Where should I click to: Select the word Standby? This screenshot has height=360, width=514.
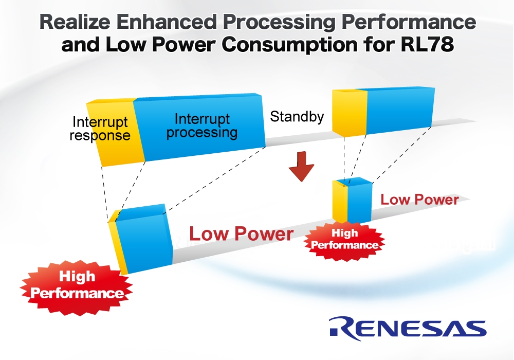(297, 117)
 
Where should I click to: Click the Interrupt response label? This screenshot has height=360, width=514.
(100, 129)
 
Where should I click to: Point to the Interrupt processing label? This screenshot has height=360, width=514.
(201, 125)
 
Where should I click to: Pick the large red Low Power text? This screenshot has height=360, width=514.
(241, 234)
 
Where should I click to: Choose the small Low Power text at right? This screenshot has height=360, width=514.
(419, 200)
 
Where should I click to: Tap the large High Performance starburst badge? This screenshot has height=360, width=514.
(77, 285)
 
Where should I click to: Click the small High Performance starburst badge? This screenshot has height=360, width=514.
(344, 240)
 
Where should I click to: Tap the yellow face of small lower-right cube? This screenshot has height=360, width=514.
(341, 204)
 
